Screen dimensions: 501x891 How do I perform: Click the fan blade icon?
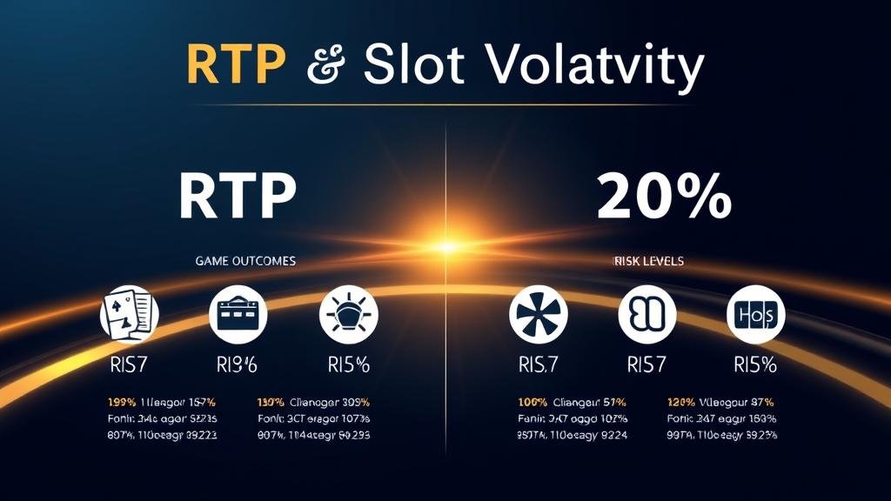(x=538, y=313)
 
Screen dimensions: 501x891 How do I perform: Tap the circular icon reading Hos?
(x=755, y=313)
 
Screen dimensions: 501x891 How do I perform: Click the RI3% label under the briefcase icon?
(x=237, y=365)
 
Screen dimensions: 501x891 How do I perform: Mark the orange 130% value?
(x=273, y=403)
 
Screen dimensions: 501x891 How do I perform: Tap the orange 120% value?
(x=681, y=403)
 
